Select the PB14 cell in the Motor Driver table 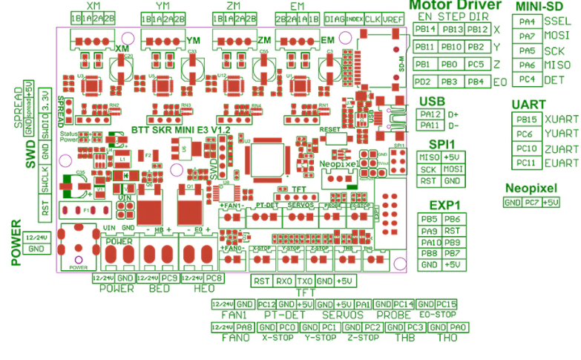424,30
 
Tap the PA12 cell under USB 429,114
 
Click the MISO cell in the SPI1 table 428,157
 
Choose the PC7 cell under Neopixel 531,203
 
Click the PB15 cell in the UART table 527,120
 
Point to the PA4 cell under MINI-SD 528,22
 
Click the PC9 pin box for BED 168,278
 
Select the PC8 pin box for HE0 213,278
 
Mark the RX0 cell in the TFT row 283,281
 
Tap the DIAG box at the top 335,19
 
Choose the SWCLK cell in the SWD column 45,177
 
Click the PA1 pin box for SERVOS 363,304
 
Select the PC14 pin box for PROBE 404,304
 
